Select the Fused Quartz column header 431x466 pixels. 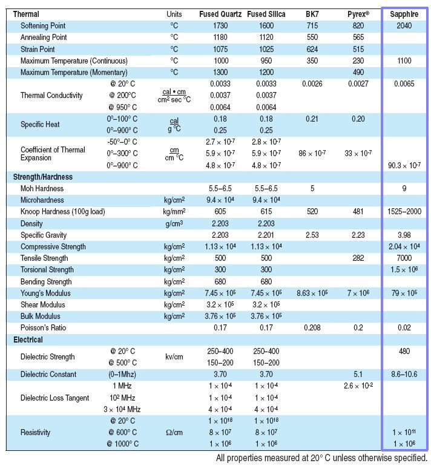click(x=220, y=14)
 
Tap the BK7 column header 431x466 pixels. click(x=312, y=14)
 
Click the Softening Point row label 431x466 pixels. click(x=43, y=26)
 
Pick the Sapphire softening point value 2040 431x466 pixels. click(x=404, y=26)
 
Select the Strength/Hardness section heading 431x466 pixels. click(x=43, y=177)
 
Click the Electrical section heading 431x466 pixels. click(x=28, y=340)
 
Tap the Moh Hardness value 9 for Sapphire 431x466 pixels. click(x=404, y=188)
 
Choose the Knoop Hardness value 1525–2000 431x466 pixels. click(x=404, y=212)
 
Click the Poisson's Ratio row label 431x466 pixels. click(x=44, y=328)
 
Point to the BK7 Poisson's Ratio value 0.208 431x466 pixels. click(x=312, y=328)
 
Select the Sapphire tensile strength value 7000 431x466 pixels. click(x=404, y=258)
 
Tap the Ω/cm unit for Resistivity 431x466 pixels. click(x=174, y=433)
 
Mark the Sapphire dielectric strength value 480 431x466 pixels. click(x=404, y=351)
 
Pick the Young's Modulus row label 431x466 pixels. click(x=45, y=293)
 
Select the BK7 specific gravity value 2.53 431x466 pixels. click(x=312, y=235)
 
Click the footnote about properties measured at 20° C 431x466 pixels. click(x=321, y=458)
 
